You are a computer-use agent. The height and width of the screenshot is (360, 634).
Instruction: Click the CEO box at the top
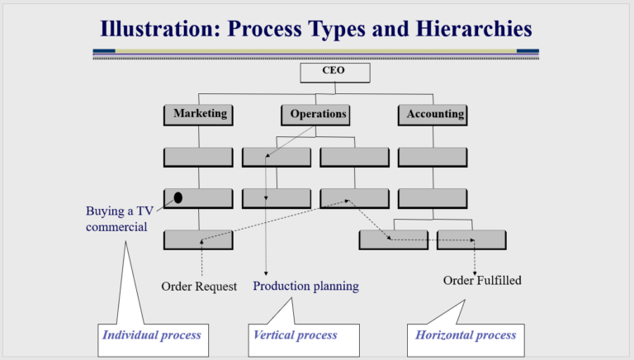coord(334,72)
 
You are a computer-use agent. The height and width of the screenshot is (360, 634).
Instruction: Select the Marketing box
coord(199,114)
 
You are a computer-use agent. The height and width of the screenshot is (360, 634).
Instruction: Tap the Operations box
coord(317,114)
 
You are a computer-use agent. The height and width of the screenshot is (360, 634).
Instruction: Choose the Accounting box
coord(434,114)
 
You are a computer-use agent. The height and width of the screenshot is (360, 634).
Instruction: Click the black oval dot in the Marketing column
coord(177,198)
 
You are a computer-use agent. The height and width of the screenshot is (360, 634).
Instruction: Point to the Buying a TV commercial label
coord(116,218)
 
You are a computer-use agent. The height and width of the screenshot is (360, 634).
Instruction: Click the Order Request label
coord(199,287)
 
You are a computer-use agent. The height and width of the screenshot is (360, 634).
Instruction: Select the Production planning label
coord(305,287)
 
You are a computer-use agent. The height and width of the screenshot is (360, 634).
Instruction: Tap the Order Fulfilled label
coord(482,281)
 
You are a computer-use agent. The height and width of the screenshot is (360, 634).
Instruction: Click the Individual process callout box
coord(150,336)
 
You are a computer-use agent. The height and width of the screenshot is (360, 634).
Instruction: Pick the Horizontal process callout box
coord(466,336)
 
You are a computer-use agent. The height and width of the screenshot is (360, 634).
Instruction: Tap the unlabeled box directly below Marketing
coord(198,157)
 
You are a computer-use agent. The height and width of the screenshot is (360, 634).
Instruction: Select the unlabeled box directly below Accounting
coord(433,157)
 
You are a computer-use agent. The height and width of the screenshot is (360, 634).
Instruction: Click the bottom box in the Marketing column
coord(198,240)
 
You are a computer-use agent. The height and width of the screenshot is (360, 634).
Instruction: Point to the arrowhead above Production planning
coord(266,273)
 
